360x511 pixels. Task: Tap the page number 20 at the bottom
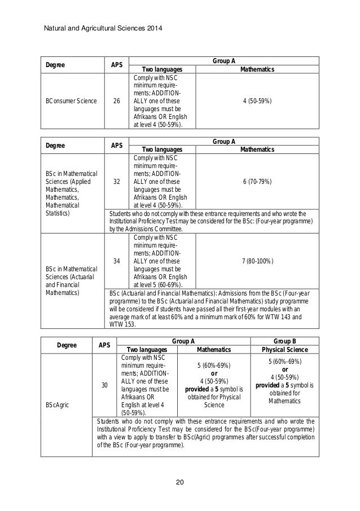tap(180, 482)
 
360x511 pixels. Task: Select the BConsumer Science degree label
tap(70, 102)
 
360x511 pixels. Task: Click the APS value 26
tap(116, 102)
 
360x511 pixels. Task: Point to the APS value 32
tap(116, 183)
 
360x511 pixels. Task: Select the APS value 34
tap(116, 261)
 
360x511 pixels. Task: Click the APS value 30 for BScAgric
tap(104, 385)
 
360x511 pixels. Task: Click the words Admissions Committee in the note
tap(156, 230)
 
